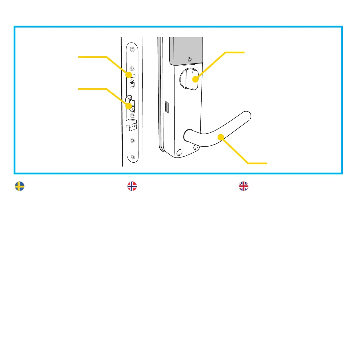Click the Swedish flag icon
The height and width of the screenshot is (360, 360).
click(20, 186)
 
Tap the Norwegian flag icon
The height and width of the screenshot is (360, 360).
click(132, 186)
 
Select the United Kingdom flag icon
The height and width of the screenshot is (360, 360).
click(243, 186)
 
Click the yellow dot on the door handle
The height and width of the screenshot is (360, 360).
click(221, 137)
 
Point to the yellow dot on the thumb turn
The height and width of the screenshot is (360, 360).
click(195, 79)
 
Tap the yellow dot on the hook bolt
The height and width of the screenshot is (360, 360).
click(129, 106)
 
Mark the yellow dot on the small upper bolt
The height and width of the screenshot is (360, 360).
click(129, 74)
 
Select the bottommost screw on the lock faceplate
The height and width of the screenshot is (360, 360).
click(133, 157)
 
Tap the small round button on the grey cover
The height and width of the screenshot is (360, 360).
click(189, 59)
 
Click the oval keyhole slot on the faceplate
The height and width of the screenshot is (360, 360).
click(132, 85)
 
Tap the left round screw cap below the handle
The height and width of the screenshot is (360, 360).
click(179, 153)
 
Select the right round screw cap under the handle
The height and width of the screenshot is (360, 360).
click(196, 148)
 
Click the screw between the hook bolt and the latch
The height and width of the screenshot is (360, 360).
click(132, 115)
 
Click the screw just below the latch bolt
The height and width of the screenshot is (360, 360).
click(132, 141)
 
